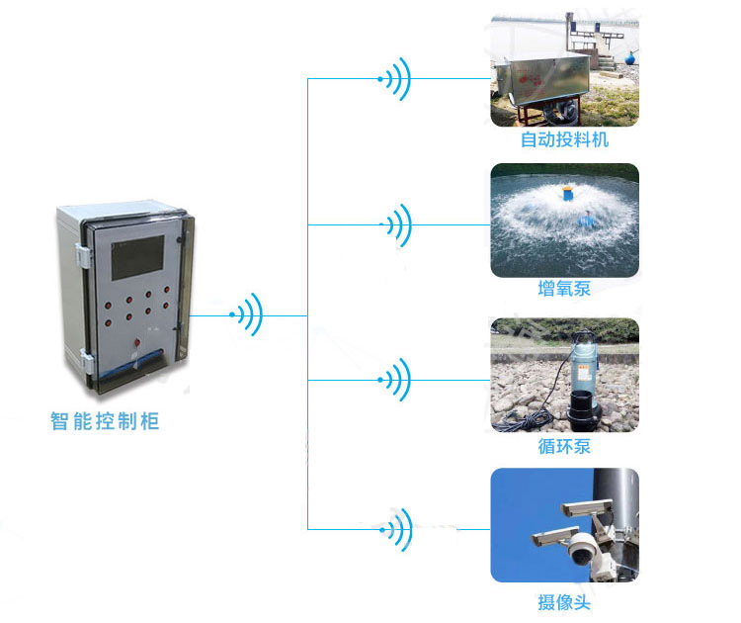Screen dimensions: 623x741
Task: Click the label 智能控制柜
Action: coord(104,421)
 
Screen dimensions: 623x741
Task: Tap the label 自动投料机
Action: coord(564,139)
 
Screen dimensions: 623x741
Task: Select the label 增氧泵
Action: coord(564,289)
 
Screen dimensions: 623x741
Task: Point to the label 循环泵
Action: coord(564,446)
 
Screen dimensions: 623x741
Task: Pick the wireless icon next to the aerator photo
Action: coord(396,225)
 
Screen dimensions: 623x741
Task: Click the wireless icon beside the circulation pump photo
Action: coord(395,379)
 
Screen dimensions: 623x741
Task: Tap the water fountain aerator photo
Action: coord(564,220)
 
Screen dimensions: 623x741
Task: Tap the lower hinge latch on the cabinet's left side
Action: coord(87,364)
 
